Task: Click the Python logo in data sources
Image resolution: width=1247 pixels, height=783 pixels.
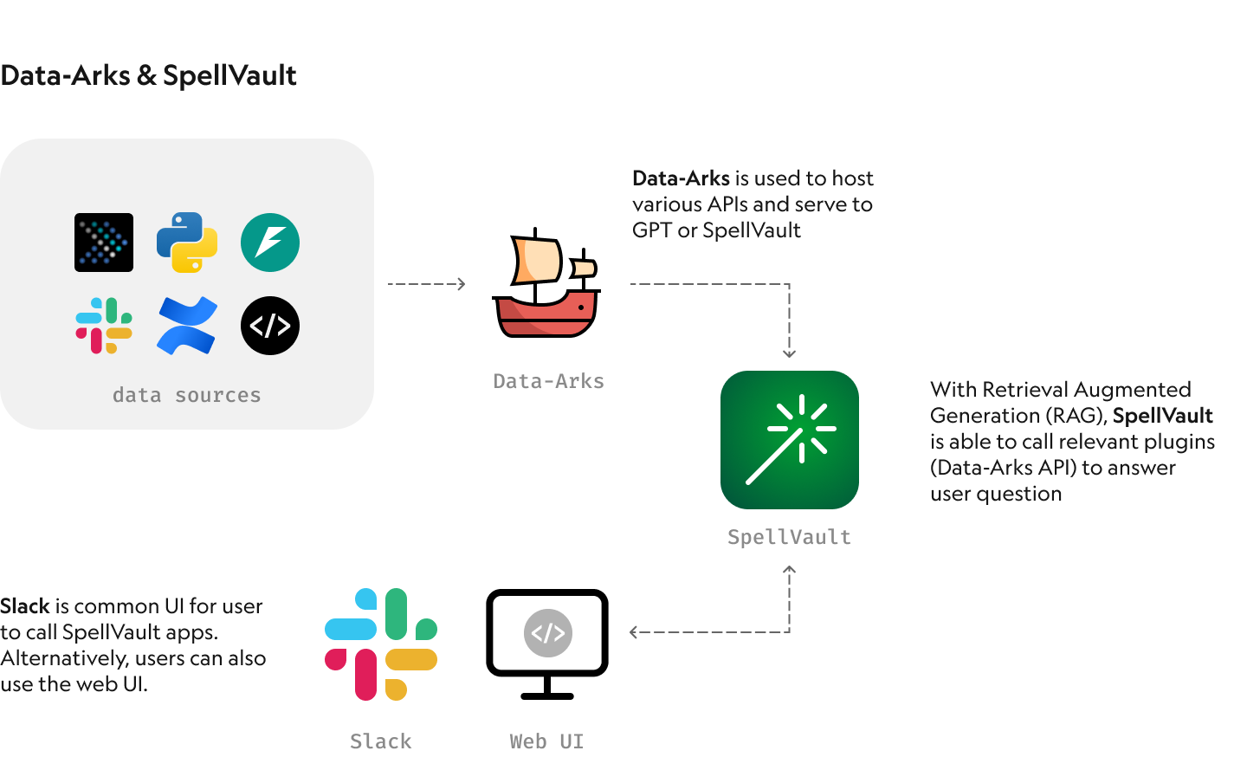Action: point(187,243)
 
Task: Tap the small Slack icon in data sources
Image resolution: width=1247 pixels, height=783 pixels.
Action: point(104,326)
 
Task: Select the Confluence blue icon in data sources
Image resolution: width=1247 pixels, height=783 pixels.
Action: point(187,326)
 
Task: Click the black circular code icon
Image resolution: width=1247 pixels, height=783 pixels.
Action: point(270,326)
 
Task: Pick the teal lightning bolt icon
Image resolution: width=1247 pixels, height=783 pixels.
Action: point(270,243)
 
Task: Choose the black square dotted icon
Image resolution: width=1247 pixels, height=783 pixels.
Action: point(104,243)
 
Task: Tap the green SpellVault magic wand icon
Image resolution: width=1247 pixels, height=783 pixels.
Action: point(790,440)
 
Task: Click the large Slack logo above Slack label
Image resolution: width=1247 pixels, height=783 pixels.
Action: point(381,644)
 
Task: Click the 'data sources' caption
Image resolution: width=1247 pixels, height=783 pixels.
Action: point(186,395)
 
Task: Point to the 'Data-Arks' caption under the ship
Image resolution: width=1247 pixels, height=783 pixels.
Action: point(548,381)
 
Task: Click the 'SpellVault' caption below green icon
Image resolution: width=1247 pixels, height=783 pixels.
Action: point(789,537)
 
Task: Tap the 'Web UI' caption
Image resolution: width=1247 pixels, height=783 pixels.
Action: point(546,741)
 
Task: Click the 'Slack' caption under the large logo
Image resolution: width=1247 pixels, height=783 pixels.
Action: point(381,741)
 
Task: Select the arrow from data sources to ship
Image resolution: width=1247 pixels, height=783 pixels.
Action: point(426,284)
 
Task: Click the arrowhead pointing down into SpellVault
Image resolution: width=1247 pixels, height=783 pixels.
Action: point(789,353)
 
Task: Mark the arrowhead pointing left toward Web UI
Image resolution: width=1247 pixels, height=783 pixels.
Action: point(635,632)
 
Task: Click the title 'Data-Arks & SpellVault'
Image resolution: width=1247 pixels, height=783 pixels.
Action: point(148,75)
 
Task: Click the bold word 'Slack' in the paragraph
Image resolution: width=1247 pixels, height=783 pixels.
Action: point(25,606)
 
